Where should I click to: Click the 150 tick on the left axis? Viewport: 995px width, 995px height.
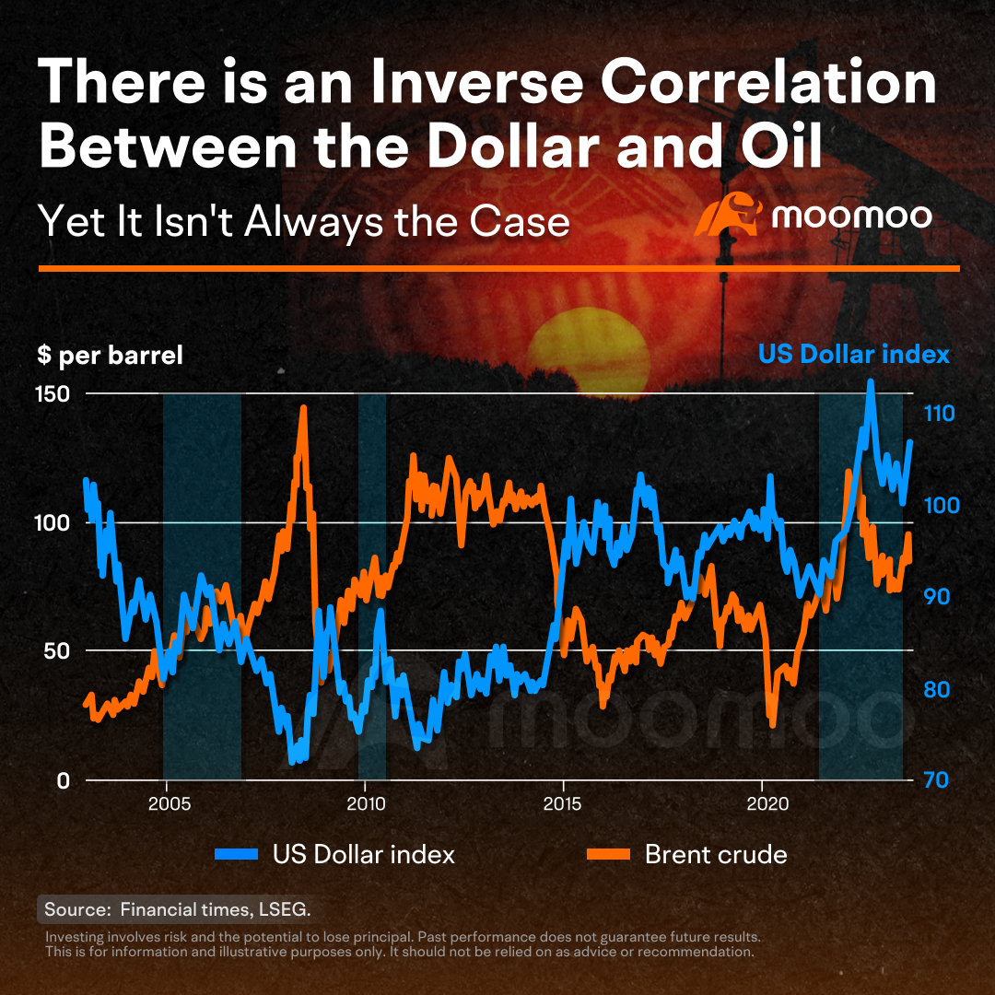point(53,394)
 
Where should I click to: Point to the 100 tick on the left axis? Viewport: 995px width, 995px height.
point(53,523)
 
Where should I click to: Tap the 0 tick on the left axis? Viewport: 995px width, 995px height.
point(63,780)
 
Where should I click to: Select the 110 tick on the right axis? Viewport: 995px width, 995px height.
point(939,414)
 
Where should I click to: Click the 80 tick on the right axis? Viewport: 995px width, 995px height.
point(937,689)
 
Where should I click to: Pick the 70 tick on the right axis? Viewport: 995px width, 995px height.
point(936,780)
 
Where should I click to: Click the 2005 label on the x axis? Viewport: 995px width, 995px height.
point(170,804)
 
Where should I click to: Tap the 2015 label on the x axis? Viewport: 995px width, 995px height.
point(562,804)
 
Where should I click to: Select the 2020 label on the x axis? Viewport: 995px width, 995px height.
point(767,804)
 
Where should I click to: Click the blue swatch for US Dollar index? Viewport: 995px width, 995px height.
point(237,854)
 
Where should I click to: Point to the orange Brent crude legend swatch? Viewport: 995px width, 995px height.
point(608,854)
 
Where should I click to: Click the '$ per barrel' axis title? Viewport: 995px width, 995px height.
point(110,356)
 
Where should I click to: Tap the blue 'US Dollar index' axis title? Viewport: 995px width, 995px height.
point(854,354)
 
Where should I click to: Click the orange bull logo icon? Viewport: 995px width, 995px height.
point(729,214)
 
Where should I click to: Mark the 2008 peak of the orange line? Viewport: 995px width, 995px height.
point(303,408)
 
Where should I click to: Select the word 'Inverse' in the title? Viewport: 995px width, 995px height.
point(476,82)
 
